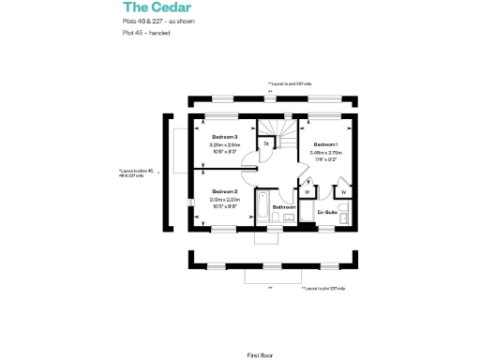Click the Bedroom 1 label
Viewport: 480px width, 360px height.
tap(325, 144)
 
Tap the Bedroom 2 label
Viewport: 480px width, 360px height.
tap(225, 191)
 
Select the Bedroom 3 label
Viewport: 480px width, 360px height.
tap(224, 138)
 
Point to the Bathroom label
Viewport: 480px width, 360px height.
tap(284, 206)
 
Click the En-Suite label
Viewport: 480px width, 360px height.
tap(327, 213)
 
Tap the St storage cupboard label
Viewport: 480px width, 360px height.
tap(265, 143)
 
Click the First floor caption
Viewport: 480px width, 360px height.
tap(261, 329)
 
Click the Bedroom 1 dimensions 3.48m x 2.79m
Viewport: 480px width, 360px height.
tap(326, 152)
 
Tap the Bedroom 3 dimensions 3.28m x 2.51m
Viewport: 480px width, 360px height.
tap(225, 145)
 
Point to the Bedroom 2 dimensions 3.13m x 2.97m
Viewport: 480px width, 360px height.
tap(225, 199)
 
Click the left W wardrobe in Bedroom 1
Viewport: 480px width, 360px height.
tap(308, 192)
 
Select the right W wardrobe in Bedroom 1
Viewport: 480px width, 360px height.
tap(344, 192)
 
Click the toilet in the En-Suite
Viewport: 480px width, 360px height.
tap(343, 218)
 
